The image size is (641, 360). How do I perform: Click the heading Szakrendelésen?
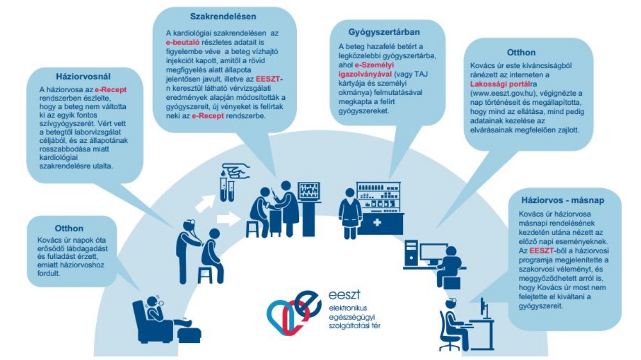coord(223,17)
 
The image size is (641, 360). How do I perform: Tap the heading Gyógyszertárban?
coord(384,32)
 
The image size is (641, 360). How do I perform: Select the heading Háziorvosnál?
coord(83,76)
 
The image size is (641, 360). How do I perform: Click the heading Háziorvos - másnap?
coord(562,200)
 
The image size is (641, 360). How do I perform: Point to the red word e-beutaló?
coord(182,43)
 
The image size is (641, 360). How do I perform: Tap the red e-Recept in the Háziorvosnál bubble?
coord(110,90)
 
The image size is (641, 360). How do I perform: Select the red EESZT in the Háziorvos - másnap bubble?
coord(541,251)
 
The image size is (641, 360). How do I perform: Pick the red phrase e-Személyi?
coord(374,65)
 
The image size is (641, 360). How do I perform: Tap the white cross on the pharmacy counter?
coord(377,222)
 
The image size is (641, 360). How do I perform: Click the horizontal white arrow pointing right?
coord(228,219)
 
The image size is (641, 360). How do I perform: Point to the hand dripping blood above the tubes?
coord(236,171)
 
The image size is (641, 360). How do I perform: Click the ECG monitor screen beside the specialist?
coord(309,190)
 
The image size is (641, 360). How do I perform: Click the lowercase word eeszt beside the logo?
coord(344,295)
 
